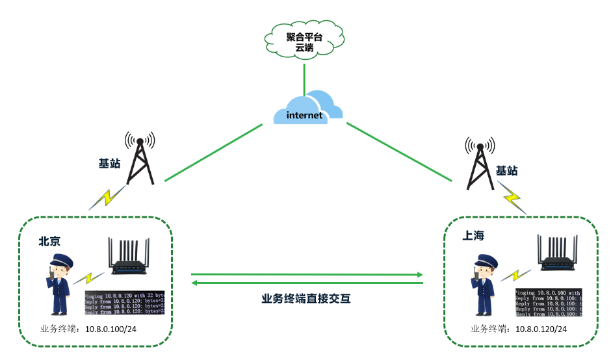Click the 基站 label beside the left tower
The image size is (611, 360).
pos(109,163)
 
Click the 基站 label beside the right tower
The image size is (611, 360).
pos(507,171)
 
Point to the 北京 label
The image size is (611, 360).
pos(50,241)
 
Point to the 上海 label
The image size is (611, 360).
pos(473,236)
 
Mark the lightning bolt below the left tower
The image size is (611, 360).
pos(108,196)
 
